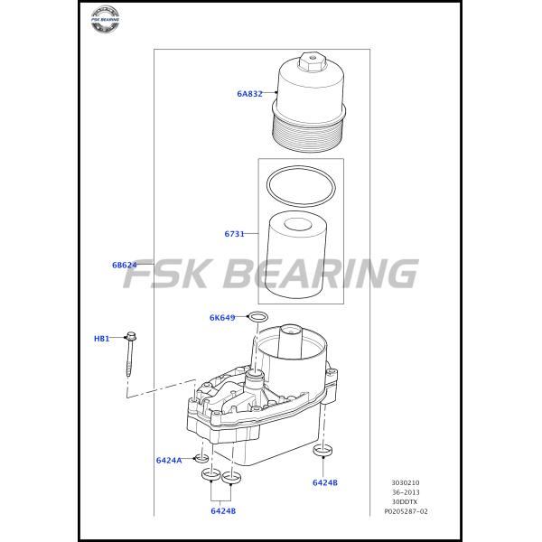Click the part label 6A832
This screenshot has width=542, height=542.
click(249, 93)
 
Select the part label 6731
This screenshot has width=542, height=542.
click(235, 234)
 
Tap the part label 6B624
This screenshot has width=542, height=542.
click(125, 265)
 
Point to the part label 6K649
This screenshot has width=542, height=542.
click(222, 317)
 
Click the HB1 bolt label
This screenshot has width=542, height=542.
click(101, 339)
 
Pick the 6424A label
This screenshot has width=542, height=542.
click(169, 460)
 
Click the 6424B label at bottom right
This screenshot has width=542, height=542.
click(325, 482)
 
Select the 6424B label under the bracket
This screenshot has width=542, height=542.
click(223, 511)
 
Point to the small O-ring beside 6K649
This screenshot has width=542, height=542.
click(257, 317)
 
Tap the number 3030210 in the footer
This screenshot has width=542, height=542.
click(406, 483)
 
